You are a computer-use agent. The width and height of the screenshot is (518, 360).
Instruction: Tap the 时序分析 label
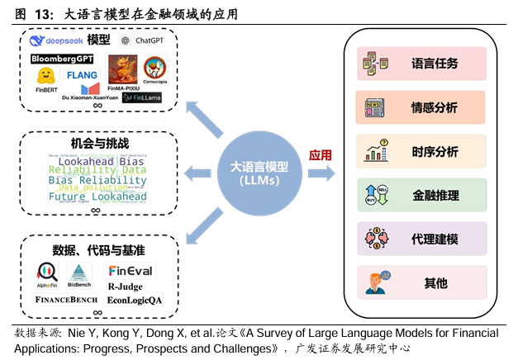[435, 152]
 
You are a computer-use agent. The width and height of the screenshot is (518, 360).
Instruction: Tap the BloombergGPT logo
[62, 59]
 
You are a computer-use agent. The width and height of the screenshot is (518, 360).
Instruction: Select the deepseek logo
[55, 40]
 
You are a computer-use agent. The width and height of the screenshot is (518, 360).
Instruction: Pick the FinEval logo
[131, 271]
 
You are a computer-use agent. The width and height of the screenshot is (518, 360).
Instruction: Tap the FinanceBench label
[66, 299]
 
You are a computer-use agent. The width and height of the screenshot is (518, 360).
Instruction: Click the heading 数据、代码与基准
[99, 249]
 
